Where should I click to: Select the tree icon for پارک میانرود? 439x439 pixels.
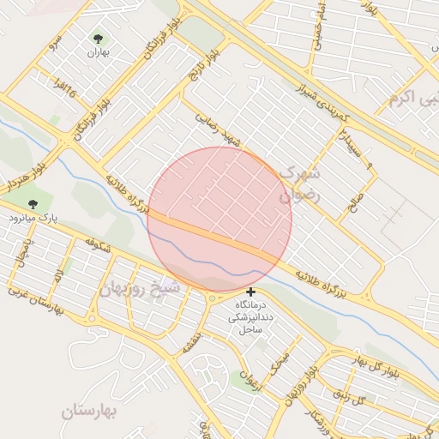click(33, 204)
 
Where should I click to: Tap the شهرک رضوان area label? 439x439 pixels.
click(298, 185)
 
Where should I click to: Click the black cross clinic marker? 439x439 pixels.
click(250, 292)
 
